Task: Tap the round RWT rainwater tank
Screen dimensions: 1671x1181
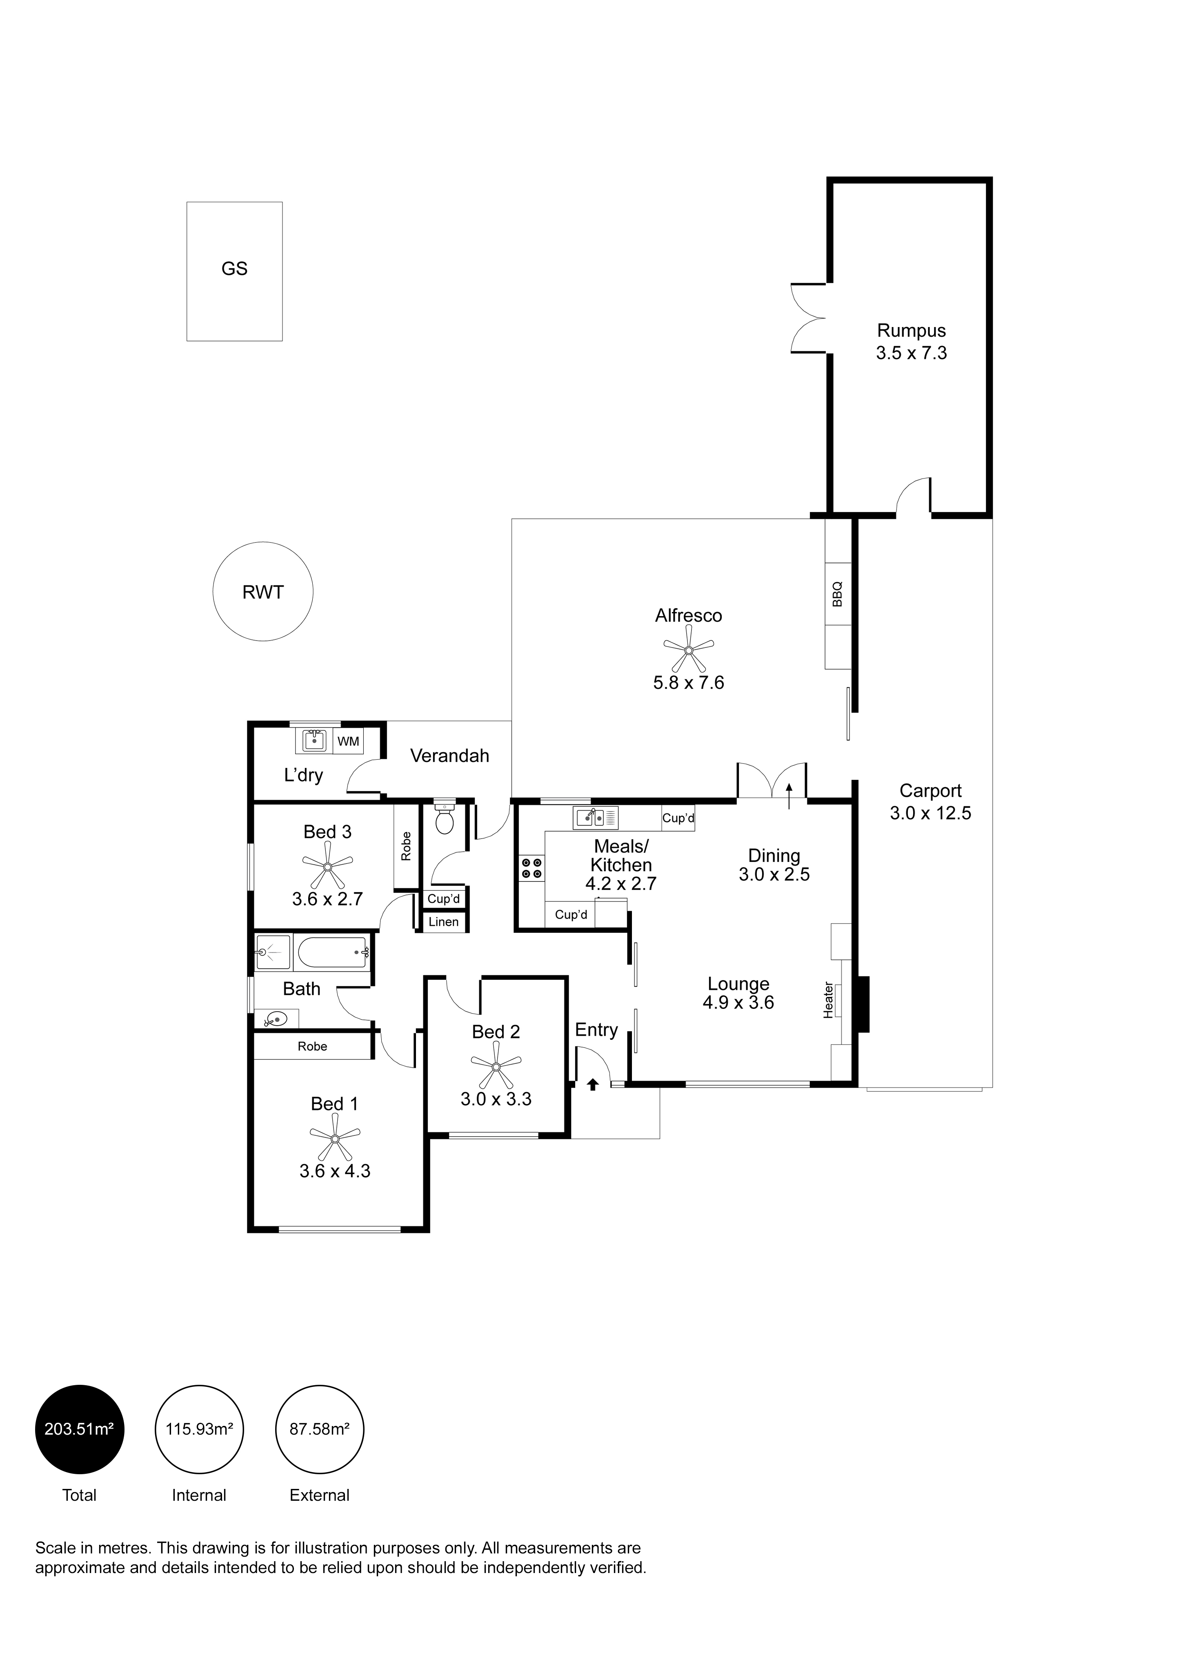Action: click(262, 592)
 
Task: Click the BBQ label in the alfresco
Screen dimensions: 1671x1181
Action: click(838, 593)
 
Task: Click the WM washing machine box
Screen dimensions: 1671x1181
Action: click(349, 741)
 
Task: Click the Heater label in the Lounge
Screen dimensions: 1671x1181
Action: click(828, 999)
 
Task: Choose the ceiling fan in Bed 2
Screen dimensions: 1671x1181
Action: click(496, 1066)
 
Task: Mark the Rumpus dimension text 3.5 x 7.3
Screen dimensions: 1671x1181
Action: click(911, 353)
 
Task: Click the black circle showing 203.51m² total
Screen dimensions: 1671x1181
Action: click(79, 1428)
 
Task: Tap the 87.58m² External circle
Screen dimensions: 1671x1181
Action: click(320, 1428)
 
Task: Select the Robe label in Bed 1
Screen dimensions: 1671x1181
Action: click(312, 1046)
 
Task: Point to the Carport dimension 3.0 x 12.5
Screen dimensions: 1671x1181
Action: click(930, 813)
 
